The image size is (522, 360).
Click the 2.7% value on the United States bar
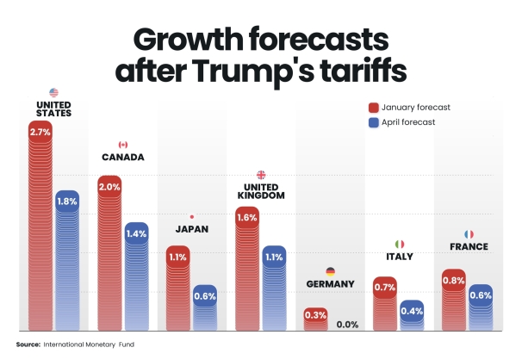click(x=40, y=133)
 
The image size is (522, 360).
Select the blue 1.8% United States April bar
click(x=67, y=258)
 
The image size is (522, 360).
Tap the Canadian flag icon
click(x=123, y=145)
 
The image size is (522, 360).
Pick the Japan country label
click(x=191, y=230)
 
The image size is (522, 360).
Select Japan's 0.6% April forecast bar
click(x=205, y=306)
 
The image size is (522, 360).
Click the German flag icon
click(x=330, y=271)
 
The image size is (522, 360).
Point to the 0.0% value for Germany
click(x=347, y=324)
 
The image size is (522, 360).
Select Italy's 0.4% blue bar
click(x=412, y=314)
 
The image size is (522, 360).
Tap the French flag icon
click(x=469, y=233)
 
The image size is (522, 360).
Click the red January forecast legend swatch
click(x=374, y=108)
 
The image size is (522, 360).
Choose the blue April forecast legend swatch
click(x=374, y=122)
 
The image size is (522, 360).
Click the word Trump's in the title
click(x=285, y=72)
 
